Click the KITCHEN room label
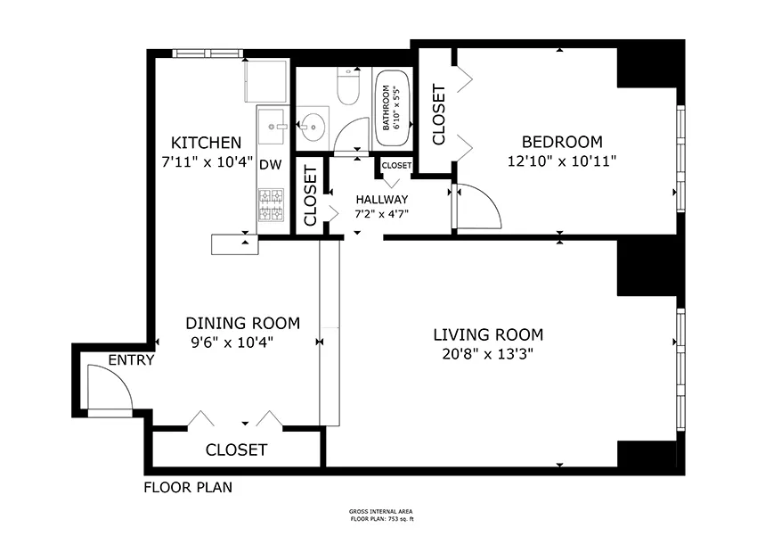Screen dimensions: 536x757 [x=206, y=143]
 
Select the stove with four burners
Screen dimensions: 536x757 [x=270, y=206]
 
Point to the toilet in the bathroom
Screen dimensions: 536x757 [x=347, y=88]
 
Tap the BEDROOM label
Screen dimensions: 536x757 [x=561, y=142]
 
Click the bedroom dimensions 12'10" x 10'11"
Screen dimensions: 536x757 [x=561, y=161]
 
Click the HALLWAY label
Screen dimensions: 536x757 [x=381, y=199]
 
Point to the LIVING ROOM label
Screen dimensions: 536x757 [x=487, y=335]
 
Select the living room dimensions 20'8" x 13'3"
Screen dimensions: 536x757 [x=487, y=354]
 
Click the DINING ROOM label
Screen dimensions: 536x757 [x=242, y=323]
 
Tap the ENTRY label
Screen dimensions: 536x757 [x=132, y=360]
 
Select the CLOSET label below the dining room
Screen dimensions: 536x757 [x=236, y=449]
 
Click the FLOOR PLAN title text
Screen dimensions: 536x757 [x=188, y=488]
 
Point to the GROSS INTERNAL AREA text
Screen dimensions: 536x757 [x=381, y=512]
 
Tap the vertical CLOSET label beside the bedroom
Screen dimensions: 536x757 [x=438, y=114]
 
